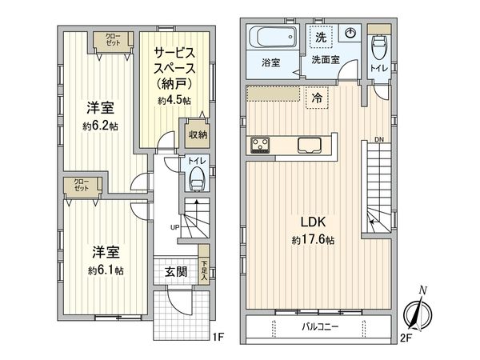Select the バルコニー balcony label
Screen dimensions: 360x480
(x=320, y=326)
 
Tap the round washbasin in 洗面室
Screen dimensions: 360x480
(x=350, y=34)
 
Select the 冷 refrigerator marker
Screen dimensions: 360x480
(x=318, y=96)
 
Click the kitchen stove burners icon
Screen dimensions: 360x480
(x=262, y=145)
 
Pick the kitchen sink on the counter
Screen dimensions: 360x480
(x=310, y=145)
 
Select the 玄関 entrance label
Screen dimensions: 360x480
(x=176, y=271)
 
